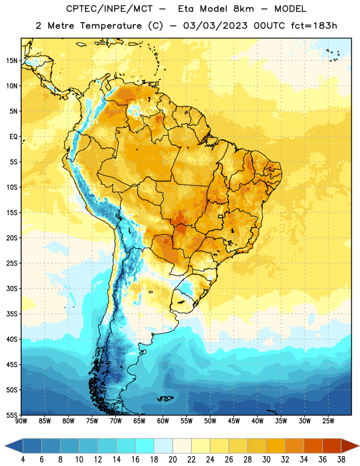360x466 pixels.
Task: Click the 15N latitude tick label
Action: pos(12,61)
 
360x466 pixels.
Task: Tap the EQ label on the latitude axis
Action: pos(13,137)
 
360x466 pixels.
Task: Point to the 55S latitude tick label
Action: pos(12,415)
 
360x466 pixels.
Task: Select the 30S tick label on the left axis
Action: pos(12,288)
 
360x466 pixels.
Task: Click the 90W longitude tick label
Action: pos(21,421)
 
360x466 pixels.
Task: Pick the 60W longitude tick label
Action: pos(163,421)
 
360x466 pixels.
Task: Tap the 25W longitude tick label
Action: pos(328,421)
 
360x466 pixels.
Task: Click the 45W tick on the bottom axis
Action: pos(234,421)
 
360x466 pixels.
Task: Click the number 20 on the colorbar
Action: pos(172,460)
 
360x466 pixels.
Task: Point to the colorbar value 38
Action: pos(341,460)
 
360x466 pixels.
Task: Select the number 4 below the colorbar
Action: pos(23,460)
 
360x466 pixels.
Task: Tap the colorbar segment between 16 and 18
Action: pos(144,446)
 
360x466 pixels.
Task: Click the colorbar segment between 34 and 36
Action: pos(313,446)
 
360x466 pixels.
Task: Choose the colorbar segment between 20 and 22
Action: pos(182,446)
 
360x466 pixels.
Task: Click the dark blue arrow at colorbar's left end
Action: pos(13,446)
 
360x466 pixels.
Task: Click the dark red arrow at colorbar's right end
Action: pos(351,446)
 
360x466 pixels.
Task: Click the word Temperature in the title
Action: pos(111,26)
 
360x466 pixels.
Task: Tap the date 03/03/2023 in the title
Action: pos(215,26)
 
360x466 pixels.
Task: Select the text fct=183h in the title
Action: pos(314,26)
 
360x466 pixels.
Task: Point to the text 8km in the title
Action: pos(243,9)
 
